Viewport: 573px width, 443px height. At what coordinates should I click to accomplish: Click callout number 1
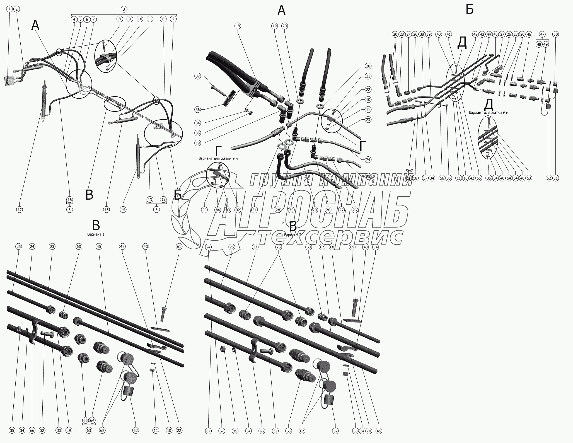[x=10, y=9]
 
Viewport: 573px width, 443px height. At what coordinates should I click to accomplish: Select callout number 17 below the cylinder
[x=19, y=210]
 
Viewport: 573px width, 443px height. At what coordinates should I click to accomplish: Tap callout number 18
[x=238, y=26]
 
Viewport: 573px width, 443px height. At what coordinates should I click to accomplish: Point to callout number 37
[x=198, y=76]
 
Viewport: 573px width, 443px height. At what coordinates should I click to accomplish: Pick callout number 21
[x=368, y=76]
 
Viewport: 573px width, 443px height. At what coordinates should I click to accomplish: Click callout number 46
[x=529, y=34]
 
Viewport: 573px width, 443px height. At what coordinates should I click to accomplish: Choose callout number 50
[x=556, y=34]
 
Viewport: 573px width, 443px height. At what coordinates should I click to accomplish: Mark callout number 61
[x=179, y=246]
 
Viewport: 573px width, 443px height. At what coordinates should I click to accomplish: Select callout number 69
[x=352, y=247]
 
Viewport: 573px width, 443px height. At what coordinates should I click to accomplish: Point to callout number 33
[x=228, y=210]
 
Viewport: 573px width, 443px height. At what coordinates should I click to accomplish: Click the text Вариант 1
[x=96, y=234]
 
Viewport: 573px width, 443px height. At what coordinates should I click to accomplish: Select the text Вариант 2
[x=293, y=235]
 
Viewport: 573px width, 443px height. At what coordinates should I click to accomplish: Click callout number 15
[x=106, y=210]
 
